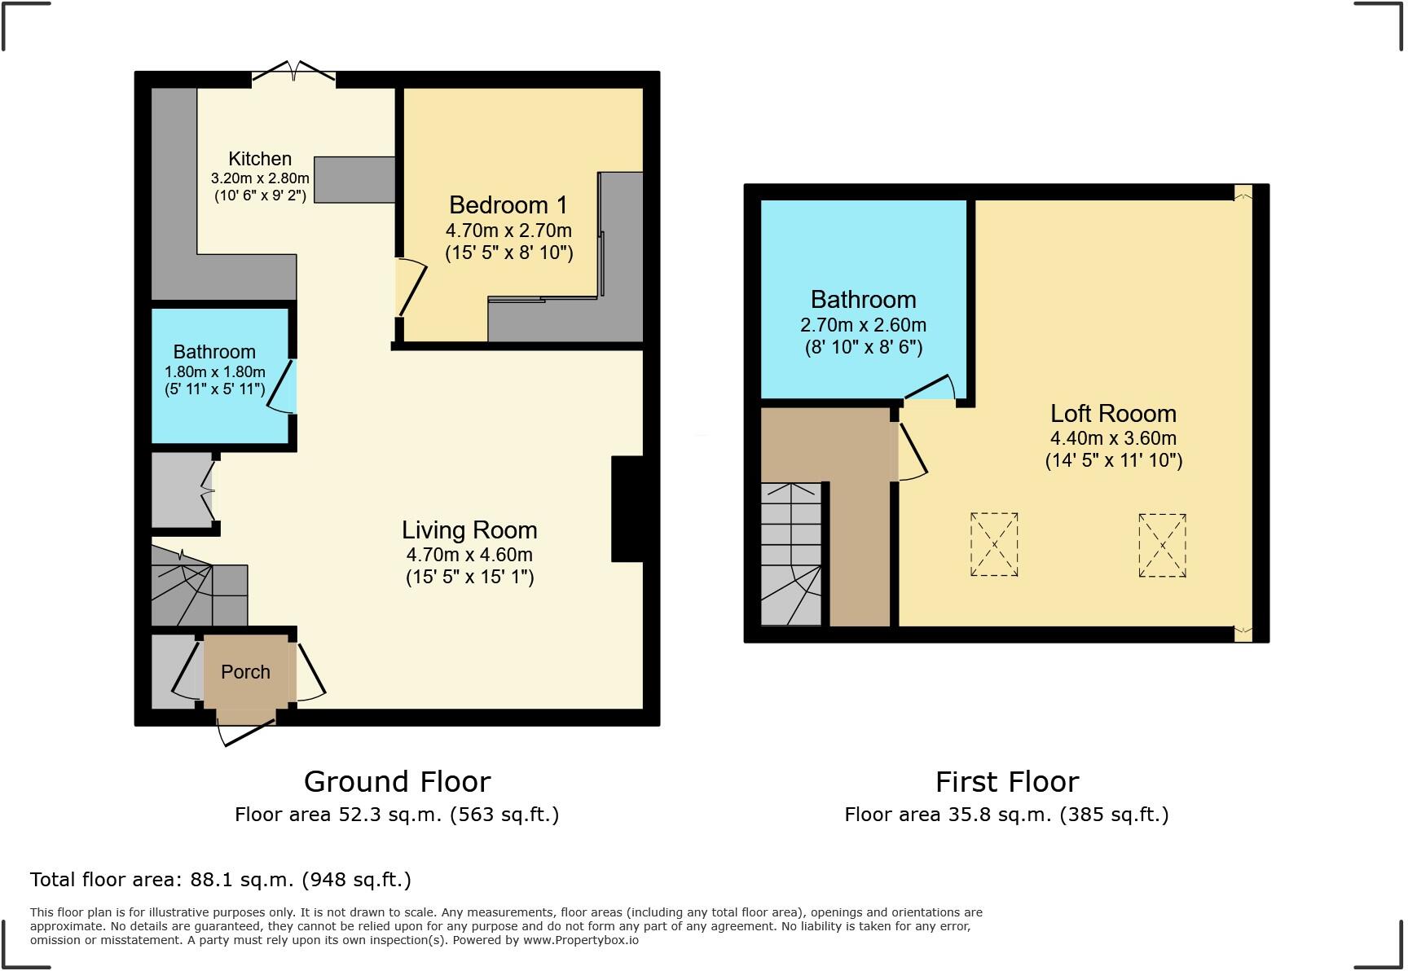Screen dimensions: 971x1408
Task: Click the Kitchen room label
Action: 260,159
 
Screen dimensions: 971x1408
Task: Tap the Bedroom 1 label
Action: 508,205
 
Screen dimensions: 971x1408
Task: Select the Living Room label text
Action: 469,530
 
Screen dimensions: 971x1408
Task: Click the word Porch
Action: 245,672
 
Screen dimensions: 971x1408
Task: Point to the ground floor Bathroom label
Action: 214,352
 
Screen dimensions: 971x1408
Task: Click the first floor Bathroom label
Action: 863,300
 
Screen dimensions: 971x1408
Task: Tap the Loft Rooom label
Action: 1113,414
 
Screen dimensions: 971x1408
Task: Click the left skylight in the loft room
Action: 994,544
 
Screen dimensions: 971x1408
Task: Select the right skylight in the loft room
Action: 1162,545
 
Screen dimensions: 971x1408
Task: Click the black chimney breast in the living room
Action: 627,509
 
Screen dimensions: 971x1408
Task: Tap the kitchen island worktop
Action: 354,179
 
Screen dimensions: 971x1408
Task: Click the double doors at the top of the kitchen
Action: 293,73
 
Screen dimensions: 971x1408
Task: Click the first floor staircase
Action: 791,554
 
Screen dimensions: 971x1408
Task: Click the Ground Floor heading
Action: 398,782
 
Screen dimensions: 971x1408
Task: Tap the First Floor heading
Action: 1007,782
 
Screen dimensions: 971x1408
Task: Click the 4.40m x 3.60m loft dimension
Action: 1113,437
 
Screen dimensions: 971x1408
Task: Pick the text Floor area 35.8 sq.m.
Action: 948,815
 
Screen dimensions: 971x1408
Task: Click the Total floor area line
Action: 220,880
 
